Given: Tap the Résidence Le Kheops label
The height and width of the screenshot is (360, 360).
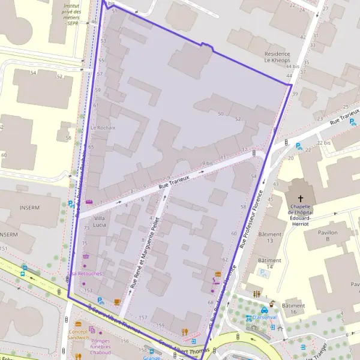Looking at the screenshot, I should coord(277,57).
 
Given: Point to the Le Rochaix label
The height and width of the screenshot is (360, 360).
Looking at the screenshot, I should coord(103,128).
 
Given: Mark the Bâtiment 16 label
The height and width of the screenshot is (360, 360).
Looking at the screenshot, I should coord(293,309).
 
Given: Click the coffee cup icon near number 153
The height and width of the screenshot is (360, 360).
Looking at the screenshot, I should coord(117,301).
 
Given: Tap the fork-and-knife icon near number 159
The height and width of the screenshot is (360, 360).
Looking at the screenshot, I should coord(185,331).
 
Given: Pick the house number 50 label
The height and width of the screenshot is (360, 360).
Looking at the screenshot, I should coord(221,114).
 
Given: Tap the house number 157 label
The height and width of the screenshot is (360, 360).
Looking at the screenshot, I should coord(143,317).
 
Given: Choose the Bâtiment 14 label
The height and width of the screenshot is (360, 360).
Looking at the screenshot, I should coord(269,264).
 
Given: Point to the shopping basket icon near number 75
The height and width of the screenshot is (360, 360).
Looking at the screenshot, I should coord(86,256).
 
